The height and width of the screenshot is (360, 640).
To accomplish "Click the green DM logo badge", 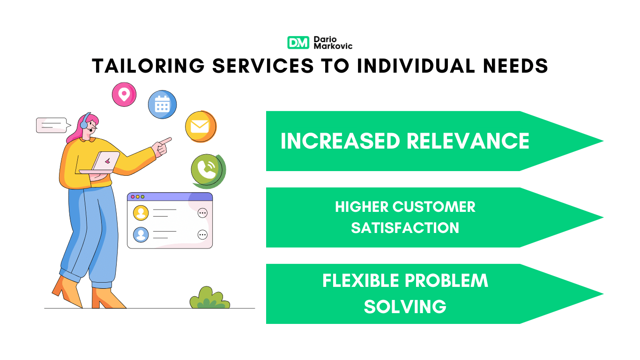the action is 298,43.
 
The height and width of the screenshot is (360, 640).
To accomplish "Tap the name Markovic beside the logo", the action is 333,46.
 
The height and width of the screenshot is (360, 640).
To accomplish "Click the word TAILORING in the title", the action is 149,66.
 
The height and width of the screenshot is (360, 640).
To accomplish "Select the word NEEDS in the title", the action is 515,66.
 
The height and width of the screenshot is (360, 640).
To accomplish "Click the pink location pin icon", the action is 124,94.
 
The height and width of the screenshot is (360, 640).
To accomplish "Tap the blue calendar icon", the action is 162,105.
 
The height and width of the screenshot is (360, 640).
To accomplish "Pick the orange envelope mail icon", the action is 201,127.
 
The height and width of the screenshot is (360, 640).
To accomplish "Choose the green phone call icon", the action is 208,171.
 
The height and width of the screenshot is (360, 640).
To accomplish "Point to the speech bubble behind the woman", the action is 53,125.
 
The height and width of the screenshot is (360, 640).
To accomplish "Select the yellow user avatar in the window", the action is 141,213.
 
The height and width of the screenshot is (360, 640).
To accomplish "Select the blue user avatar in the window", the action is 141,235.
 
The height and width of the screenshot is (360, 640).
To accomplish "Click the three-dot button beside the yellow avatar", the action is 202,213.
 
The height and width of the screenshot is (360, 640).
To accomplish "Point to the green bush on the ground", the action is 210,298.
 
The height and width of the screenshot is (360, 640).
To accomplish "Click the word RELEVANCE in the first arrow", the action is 468,141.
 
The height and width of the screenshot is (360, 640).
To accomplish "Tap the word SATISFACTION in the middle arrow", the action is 405,228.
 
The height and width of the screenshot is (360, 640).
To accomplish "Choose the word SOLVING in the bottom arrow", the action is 405,307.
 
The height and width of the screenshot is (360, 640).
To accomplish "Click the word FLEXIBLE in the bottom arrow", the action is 361,280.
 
